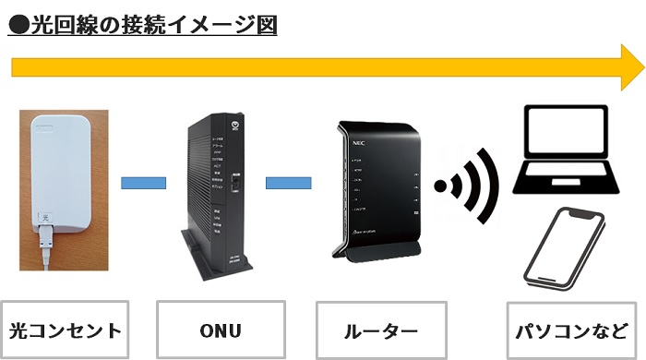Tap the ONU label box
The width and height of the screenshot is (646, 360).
click(220, 330)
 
